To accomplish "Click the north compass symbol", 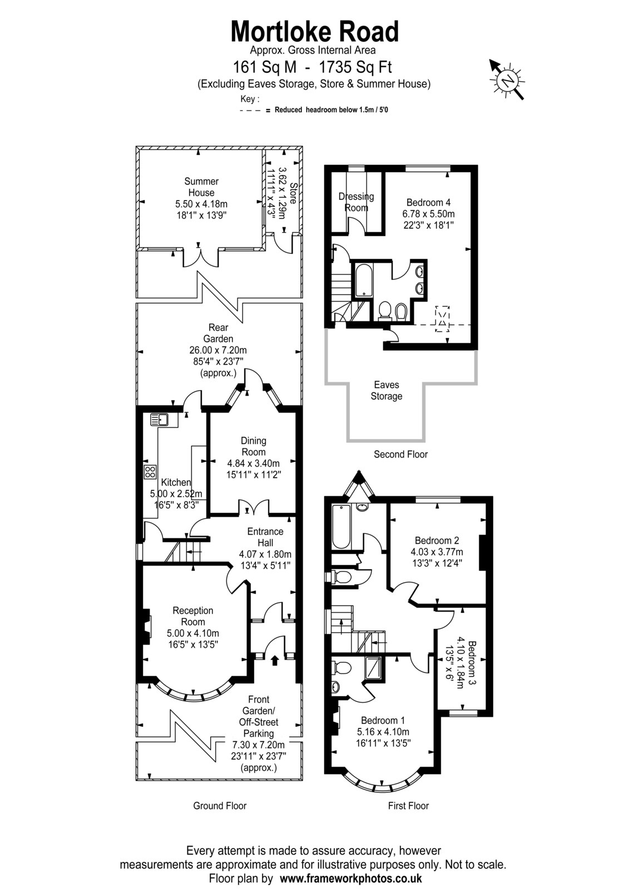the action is point(507,80).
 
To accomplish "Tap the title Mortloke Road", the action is point(315,31).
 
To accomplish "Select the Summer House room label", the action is point(201,187).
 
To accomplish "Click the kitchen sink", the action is point(160,419).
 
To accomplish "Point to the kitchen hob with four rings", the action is point(150,472).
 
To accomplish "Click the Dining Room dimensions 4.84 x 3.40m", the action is point(254,463).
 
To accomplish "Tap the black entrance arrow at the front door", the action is point(274,661).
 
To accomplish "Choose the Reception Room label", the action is point(193,616).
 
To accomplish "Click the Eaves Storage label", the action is point(386,391).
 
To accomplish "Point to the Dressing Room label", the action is point(356,202).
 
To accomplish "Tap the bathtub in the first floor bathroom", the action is point(341,527).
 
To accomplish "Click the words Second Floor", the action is point(400,455).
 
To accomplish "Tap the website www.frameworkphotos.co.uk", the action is point(351,878).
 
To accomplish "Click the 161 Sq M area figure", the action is point(265,67).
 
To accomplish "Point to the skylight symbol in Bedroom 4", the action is point(442,319).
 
